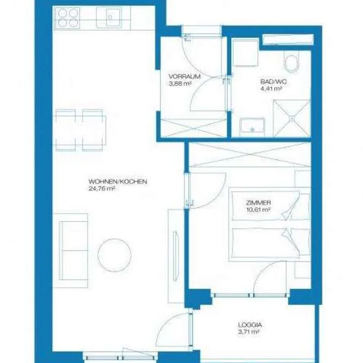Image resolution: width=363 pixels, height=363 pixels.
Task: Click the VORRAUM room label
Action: [x=185, y=76]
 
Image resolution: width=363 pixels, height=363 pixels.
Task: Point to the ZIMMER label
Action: [x=258, y=203]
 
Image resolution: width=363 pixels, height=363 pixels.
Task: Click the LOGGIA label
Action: [x=250, y=325]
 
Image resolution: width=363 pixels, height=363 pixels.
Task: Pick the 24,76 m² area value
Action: [x=102, y=188]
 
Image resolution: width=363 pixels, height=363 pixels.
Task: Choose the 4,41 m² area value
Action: [x=271, y=88]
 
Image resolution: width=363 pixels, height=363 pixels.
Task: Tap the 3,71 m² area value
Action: [x=248, y=332]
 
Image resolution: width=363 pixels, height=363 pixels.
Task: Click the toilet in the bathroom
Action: [x=291, y=61]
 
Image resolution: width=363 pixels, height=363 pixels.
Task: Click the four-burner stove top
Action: [x=67, y=18]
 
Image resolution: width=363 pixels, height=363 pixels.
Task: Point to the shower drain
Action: [x=292, y=118]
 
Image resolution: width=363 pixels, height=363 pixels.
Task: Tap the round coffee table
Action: [x=115, y=255]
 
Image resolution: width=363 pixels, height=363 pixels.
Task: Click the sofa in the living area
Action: [x=71, y=250]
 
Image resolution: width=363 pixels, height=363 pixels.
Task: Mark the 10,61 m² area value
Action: [x=258, y=210]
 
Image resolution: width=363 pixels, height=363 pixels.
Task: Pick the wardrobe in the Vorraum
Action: [x=194, y=128]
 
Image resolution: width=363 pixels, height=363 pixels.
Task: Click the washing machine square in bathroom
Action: [x=245, y=53]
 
